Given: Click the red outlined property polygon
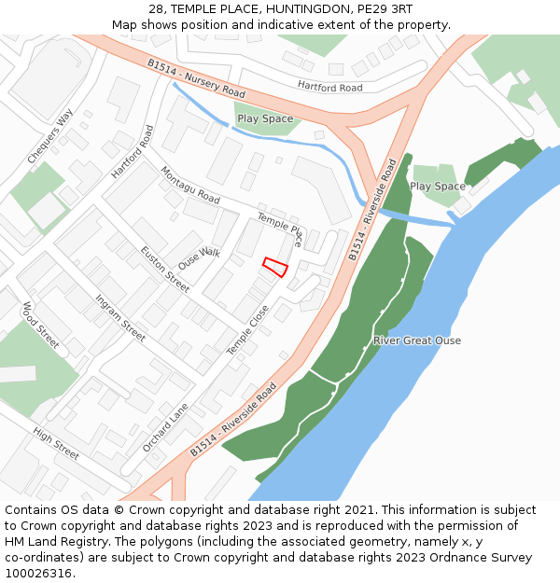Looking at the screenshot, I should (x=274, y=267).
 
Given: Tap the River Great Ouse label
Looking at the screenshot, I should (x=417, y=340).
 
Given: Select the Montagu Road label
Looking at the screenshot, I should (x=190, y=186).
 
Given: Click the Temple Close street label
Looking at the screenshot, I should (x=247, y=329).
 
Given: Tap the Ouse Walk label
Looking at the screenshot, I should (x=199, y=258).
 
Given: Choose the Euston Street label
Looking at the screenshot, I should (x=165, y=269).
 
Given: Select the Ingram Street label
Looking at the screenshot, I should (x=120, y=317).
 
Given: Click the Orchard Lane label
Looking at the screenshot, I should (x=165, y=427).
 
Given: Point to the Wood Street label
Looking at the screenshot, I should (x=41, y=326).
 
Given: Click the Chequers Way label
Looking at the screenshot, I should (x=50, y=136).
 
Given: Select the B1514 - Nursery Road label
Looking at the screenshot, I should (x=196, y=79).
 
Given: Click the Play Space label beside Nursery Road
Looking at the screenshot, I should (x=265, y=118).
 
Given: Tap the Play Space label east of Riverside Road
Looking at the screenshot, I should (x=438, y=187).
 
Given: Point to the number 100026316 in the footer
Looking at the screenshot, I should (x=40, y=573).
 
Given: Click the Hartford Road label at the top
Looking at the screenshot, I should (x=329, y=87).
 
